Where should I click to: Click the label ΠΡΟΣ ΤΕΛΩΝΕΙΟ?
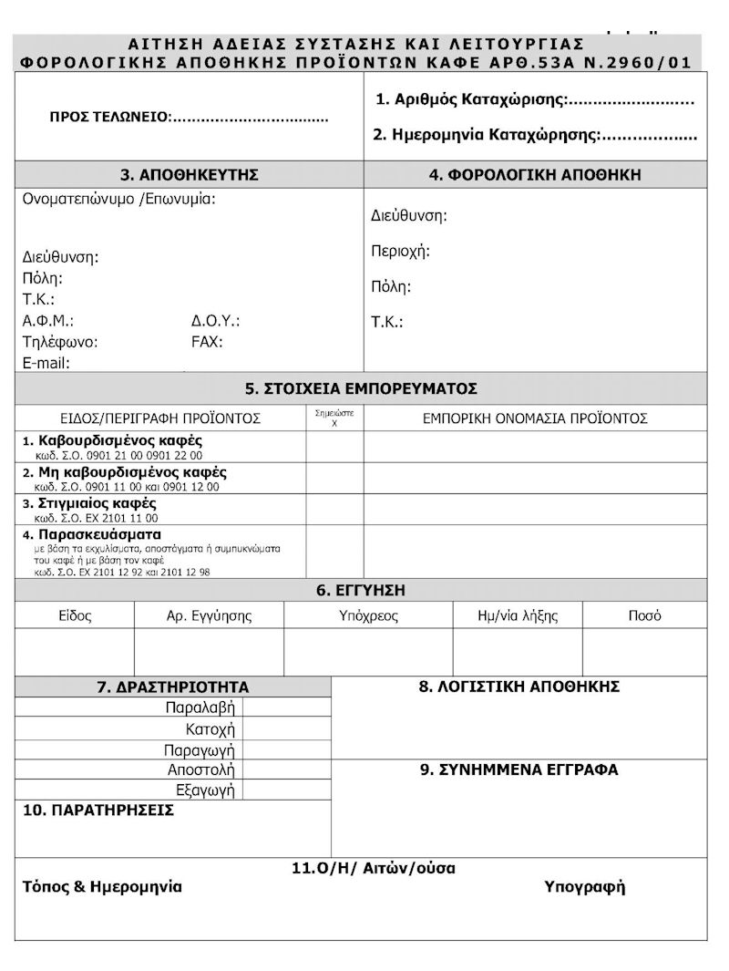(x=109, y=118)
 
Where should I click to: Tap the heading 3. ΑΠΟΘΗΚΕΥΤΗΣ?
(x=190, y=175)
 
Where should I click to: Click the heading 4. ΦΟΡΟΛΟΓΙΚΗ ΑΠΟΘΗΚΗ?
(x=535, y=174)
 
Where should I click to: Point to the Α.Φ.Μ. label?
(x=47, y=321)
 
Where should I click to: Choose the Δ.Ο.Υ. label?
(x=215, y=321)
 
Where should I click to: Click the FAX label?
(x=207, y=342)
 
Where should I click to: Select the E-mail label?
(x=46, y=363)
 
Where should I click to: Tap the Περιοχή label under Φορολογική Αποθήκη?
(x=400, y=251)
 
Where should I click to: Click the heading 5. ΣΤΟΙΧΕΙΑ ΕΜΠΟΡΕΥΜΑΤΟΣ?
(x=361, y=388)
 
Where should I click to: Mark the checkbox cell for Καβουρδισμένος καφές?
(x=334, y=447)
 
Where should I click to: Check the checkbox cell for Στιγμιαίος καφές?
(x=334, y=509)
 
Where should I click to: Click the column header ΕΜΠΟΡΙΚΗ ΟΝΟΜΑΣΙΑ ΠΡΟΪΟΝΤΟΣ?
(x=535, y=418)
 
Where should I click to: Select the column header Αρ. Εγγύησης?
(x=209, y=615)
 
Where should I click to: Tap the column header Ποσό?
(x=644, y=615)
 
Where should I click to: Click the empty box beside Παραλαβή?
(x=288, y=707)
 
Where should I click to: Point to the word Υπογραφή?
(x=584, y=887)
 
